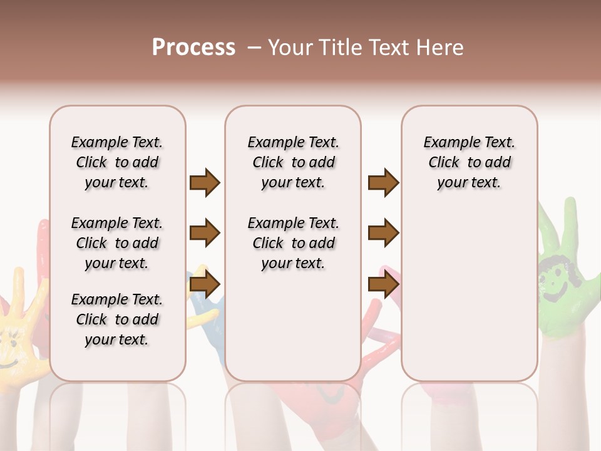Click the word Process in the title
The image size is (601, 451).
193,48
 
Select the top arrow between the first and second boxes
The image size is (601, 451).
205,183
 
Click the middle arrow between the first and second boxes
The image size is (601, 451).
205,234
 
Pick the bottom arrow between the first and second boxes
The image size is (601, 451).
205,285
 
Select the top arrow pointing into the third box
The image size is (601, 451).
383,183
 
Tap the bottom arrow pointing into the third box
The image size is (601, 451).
383,285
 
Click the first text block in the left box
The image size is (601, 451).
117,162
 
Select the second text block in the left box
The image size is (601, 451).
117,243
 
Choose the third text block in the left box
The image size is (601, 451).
117,319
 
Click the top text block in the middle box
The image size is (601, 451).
293,162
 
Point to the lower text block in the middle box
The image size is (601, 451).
293,243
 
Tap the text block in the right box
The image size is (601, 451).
470,162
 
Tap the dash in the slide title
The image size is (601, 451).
254,48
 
